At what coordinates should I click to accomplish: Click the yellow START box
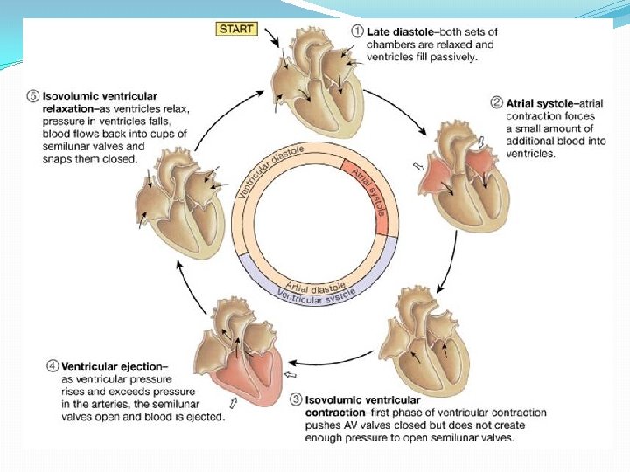[238, 29]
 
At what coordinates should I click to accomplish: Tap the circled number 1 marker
[357, 31]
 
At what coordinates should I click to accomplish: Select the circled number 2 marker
[498, 102]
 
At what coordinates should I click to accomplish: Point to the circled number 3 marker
[297, 399]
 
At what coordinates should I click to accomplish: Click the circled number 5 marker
[33, 95]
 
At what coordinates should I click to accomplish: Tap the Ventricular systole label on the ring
[318, 294]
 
